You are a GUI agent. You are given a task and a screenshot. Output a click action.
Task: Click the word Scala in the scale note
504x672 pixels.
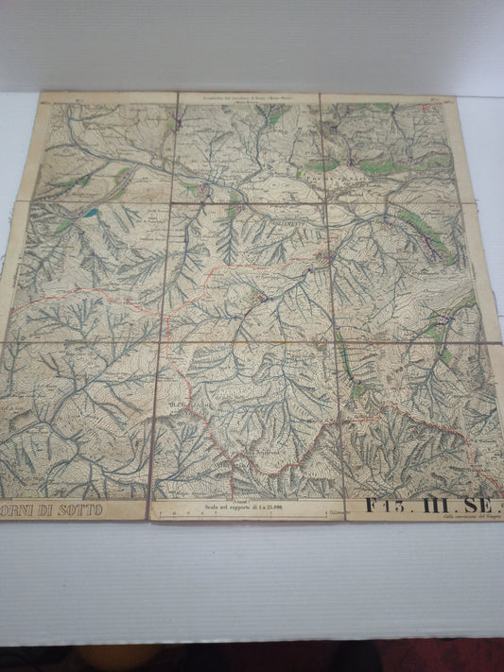point(212,508)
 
